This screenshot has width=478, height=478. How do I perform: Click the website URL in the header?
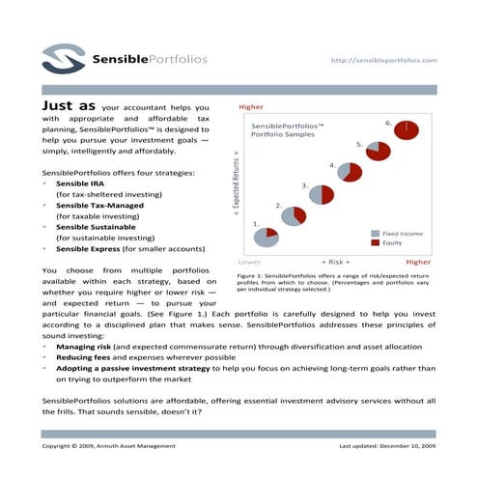383,60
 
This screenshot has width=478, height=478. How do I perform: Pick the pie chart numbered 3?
321,194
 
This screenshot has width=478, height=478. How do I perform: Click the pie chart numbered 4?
349,175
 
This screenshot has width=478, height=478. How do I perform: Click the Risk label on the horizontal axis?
333,262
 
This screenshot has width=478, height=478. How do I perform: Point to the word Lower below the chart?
248,262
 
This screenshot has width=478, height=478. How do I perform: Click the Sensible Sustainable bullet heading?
97,226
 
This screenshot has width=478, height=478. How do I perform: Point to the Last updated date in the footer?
386,447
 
